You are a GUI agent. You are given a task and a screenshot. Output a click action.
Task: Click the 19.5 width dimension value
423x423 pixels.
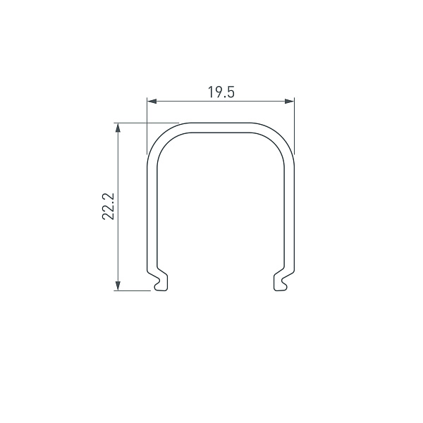pos(221,92)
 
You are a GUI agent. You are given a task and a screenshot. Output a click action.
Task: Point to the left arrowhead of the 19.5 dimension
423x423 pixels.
pos(150,102)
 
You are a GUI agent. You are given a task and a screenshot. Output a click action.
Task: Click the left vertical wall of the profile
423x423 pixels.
pos(151,211)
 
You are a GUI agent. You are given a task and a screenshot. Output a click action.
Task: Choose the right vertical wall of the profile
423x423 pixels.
pos(290,211)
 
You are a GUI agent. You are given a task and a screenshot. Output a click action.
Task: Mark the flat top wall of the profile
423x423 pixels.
pos(220,126)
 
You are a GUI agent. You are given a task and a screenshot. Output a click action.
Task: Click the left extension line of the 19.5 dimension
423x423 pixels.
pos(147,127)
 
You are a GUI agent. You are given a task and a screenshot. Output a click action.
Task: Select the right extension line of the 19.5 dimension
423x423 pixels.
pos(294,127)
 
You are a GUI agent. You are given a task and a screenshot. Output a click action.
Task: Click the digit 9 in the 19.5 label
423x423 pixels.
pos(216,92)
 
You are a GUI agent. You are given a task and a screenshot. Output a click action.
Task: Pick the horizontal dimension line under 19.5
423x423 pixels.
pos(197,102)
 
